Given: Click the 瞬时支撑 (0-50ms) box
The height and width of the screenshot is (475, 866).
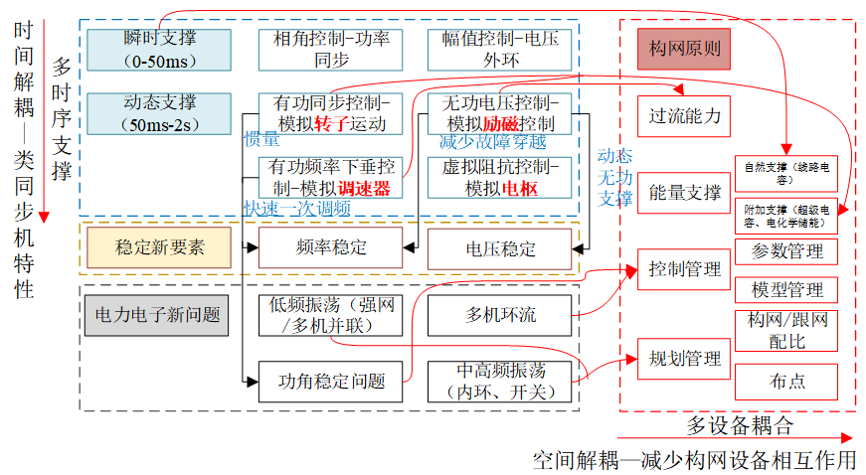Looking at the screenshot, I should [159, 49].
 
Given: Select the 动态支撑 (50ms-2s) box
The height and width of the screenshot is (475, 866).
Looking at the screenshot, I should [159, 113].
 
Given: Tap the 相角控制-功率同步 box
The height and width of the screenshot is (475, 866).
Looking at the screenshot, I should [331, 49].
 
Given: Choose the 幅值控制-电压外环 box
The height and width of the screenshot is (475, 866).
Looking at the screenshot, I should [500, 49].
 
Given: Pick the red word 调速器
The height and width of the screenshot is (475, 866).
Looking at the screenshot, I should [363, 188].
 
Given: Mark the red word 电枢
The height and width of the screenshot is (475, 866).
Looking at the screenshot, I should [517, 188].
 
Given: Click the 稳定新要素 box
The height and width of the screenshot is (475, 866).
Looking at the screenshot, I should [159, 247].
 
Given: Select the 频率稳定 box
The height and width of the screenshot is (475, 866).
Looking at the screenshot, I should [331, 247].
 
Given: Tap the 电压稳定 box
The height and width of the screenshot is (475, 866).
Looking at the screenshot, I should [500, 247].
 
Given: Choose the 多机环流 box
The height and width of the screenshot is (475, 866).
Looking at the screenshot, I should [500, 315].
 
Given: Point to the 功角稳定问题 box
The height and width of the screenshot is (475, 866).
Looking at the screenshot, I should [331, 381].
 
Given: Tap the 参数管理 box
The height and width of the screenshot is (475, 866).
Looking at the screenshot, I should [787, 251].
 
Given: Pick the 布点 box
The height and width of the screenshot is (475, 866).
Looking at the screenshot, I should [787, 382].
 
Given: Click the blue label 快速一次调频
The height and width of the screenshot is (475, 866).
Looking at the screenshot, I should [297, 208].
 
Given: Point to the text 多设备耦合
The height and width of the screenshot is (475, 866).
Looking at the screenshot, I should [741, 425].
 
